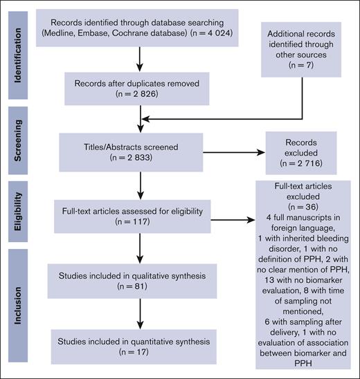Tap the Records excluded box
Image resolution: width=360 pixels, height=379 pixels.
(306, 152)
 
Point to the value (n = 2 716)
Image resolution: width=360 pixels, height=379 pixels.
(306, 163)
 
